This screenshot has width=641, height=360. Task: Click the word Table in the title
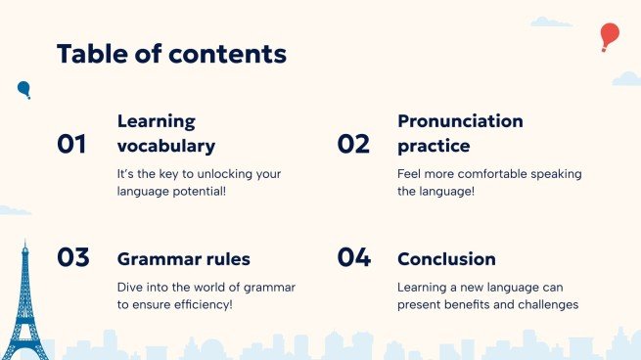[x=92, y=54]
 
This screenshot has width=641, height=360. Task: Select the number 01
[x=71, y=144]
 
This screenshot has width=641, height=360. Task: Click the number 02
[x=353, y=144]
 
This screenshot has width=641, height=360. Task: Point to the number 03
[x=73, y=257]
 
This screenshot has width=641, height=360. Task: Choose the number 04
[x=354, y=257]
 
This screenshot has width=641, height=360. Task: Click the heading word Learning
[x=157, y=121]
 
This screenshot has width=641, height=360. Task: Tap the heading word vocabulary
[x=166, y=147]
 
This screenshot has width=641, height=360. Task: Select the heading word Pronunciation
[x=460, y=121]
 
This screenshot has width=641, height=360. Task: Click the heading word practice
[x=434, y=147]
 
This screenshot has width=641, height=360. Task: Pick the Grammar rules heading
[x=184, y=259]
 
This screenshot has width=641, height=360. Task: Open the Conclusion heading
[x=446, y=259]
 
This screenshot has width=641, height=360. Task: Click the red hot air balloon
[x=610, y=36]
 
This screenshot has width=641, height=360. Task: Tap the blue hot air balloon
[x=24, y=89]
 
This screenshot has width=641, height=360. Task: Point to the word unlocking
[x=223, y=174]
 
